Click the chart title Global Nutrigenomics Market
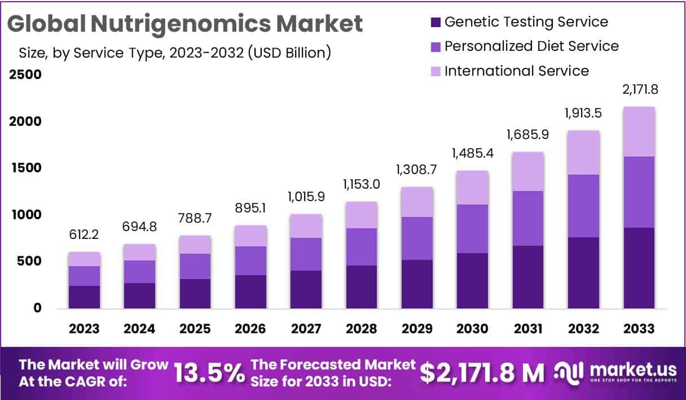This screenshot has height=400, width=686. pos(184,24)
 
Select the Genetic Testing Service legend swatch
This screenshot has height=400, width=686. pos(434,23)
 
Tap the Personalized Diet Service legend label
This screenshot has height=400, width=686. pos(531,46)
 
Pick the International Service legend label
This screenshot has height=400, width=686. pos(516,71)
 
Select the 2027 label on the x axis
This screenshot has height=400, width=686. pos(306,329)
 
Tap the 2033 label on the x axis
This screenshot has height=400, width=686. pos(639,329)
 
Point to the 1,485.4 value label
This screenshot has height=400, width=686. pos(472,154)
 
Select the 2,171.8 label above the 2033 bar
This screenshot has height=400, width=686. pos(639,89)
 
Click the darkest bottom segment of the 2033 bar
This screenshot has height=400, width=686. pos(639,268)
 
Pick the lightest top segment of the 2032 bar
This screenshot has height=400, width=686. pos(583,153)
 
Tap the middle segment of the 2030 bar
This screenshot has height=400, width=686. pos(472,229)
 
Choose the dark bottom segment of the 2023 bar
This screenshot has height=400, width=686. pos(85,297)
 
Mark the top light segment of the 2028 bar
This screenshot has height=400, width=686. pos(362,215)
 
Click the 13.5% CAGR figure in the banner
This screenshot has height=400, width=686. pos(209,373)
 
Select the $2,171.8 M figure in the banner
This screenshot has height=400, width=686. pos(482,373)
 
